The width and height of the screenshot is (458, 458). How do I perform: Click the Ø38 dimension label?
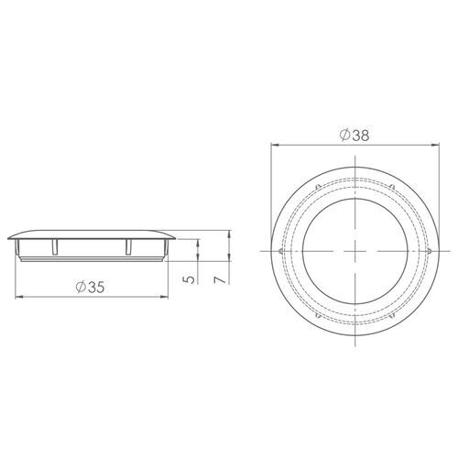[x=353, y=136]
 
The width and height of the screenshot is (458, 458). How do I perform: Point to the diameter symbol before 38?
[x=342, y=136]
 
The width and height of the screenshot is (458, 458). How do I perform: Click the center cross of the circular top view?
[x=354, y=250]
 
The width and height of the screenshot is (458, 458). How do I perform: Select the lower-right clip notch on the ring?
[x=392, y=316]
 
